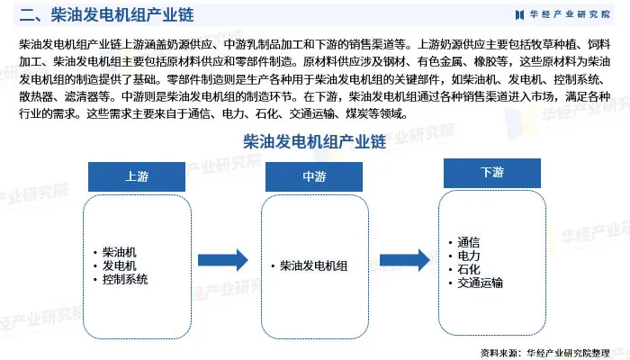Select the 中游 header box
[314, 176]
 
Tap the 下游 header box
[492, 173]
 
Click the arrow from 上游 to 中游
[223, 261]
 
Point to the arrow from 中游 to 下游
[402, 261]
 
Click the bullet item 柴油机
[120, 251]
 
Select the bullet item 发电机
[120, 265]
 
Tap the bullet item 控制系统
[125, 280]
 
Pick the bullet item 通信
[468, 241]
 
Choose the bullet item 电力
[468, 256]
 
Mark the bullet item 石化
[468, 269]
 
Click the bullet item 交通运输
[480, 283]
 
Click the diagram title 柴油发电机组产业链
[314, 142]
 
